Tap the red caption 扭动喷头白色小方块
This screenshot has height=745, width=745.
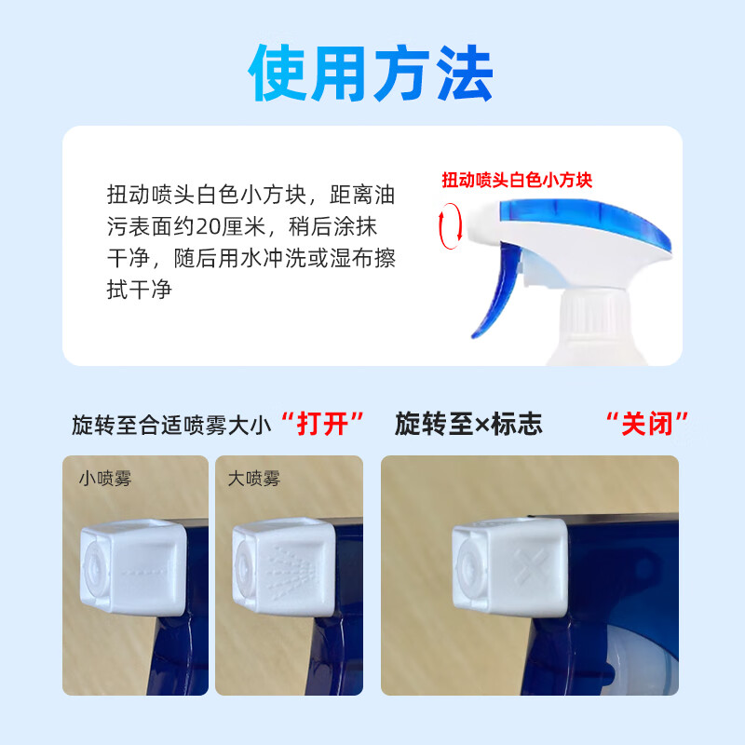[x=517, y=180]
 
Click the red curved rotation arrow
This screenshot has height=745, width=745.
[x=453, y=228]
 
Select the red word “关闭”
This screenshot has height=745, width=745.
[x=656, y=426]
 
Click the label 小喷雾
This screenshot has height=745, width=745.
[x=104, y=480]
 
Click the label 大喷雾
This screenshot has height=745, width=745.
[x=253, y=480]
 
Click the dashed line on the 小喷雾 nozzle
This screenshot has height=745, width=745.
[x=144, y=568]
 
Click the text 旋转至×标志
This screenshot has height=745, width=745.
[x=468, y=426]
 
